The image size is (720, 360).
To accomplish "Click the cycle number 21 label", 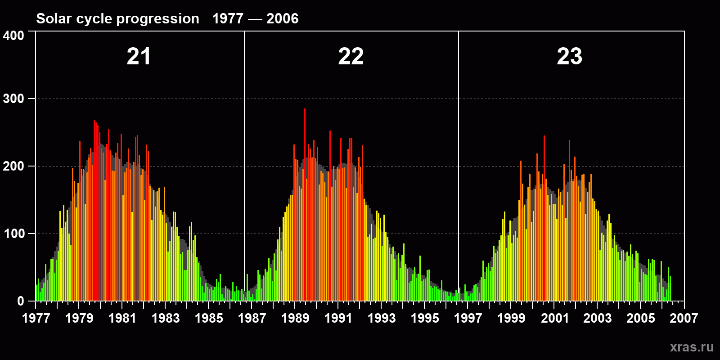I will click(x=139, y=57).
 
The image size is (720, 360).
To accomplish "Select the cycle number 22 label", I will click(x=351, y=57).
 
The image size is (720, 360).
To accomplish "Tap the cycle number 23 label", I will click(x=569, y=57).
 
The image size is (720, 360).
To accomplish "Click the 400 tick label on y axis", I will click(x=13, y=36).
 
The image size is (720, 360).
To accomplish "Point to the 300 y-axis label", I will click(x=13, y=99).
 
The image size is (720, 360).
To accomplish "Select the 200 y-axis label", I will click(x=13, y=166).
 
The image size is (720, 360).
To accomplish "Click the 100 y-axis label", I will click(x=13, y=234).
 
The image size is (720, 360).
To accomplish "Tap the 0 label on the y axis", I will click(x=21, y=301).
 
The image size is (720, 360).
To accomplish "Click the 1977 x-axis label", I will click(x=36, y=318).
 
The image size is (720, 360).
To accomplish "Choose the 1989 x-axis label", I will click(x=295, y=318).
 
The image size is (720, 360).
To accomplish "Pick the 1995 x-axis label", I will click(x=425, y=318).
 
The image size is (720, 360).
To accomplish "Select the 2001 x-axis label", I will click(x=554, y=318).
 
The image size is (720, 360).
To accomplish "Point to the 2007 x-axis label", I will click(x=684, y=318).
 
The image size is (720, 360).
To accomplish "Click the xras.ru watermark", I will click(x=692, y=347).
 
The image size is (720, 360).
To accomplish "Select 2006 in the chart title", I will click(x=282, y=18).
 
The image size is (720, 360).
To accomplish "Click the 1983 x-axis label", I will click(x=166, y=318).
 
